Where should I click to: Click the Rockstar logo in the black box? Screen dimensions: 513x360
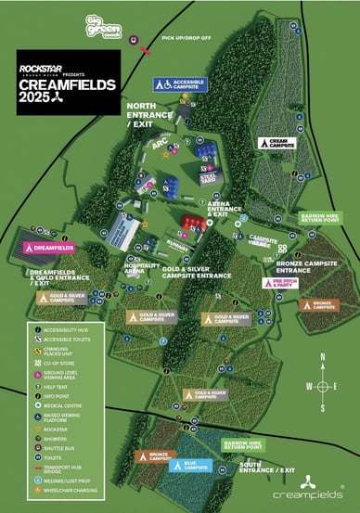click(42, 68)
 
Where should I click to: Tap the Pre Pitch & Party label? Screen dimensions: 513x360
click(292, 283)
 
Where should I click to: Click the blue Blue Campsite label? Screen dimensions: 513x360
click(192, 464)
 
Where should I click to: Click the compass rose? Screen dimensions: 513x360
click(321, 387)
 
